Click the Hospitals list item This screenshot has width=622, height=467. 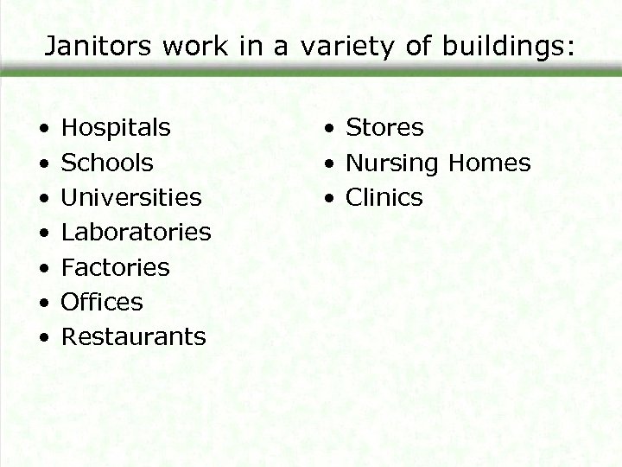pos(116,128)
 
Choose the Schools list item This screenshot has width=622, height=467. pos(107,163)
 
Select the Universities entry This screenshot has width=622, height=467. pos(131,197)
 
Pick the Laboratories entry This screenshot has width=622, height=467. pos(136,232)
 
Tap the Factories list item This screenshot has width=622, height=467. pos(116,267)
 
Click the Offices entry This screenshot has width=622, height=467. pos(102,302)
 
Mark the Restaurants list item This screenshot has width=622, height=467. pos(134,336)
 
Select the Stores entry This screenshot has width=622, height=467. pos(384,128)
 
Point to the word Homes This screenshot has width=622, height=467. pos(491,163)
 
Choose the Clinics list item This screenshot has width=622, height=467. pos(384,198)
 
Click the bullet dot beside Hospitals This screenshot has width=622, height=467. pos(43,130)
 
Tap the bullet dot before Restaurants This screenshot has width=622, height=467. pos(43,338)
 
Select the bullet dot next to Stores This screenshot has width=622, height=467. pos(329,130)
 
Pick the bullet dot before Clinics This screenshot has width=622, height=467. pos(329,199)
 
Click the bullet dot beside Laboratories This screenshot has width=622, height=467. pos(43,233)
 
